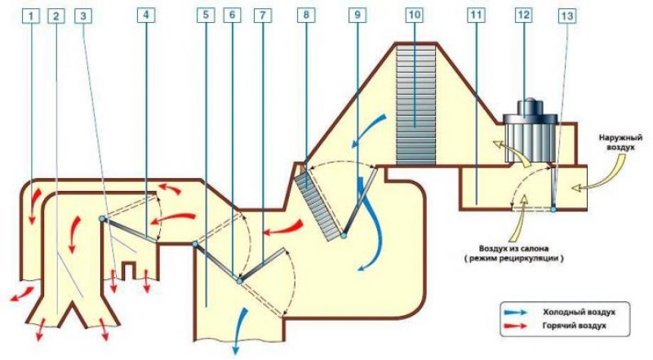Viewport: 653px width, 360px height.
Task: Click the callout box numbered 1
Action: [x=31, y=16]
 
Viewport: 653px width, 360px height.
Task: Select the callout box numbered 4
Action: [x=146, y=15]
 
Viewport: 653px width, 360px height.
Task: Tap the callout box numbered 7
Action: [x=263, y=15]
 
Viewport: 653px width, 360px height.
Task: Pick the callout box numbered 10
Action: [x=415, y=15]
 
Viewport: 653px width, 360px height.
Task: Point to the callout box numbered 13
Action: [x=567, y=16]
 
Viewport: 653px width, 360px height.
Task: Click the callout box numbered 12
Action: [x=523, y=15]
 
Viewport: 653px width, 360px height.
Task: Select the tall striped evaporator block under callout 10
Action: [x=415, y=105]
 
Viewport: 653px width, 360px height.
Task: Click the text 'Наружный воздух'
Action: [x=620, y=142]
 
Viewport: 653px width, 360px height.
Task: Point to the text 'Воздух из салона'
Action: [x=513, y=249]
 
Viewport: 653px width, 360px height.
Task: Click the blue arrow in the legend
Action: [x=516, y=312]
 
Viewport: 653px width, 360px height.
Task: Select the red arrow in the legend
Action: [x=516, y=326]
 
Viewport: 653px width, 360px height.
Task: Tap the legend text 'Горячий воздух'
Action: [x=575, y=326]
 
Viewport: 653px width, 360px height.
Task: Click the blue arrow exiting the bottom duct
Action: [x=240, y=331]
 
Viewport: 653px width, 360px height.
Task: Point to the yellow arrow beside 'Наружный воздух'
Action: [x=600, y=175]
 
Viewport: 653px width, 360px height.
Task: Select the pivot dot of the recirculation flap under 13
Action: [x=553, y=209]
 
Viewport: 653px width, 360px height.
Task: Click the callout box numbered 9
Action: [x=358, y=15]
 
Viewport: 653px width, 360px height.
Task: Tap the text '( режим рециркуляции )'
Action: [x=514, y=258]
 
